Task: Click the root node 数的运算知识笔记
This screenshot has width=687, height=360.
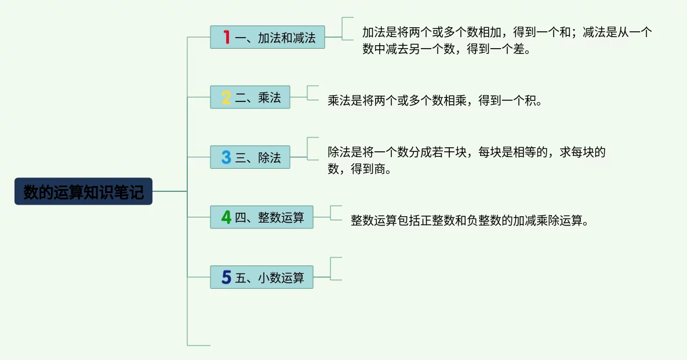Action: (83, 191)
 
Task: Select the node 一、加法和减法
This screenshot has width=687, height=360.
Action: (267, 37)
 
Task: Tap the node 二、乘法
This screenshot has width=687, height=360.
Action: (250, 97)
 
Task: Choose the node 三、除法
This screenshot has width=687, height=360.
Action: (250, 157)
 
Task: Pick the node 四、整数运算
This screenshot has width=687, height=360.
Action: (261, 217)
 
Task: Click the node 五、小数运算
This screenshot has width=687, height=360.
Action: (261, 277)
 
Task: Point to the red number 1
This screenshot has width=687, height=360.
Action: (226, 37)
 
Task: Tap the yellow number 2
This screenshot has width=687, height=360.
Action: (226, 97)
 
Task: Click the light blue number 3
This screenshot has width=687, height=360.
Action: (226, 157)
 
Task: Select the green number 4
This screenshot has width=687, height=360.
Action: (226, 217)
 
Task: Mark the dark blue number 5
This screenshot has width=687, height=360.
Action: (226, 277)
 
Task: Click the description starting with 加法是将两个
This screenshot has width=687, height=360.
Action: (507, 41)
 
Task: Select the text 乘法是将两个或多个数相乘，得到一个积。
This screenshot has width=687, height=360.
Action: (435, 101)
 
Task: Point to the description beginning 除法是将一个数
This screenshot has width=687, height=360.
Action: (466, 161)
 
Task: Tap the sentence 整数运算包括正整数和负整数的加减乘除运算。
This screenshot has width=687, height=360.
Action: (470, 221)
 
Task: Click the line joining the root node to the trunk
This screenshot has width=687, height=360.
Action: (170, 191)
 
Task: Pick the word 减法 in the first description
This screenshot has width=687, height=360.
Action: (594, 32)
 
